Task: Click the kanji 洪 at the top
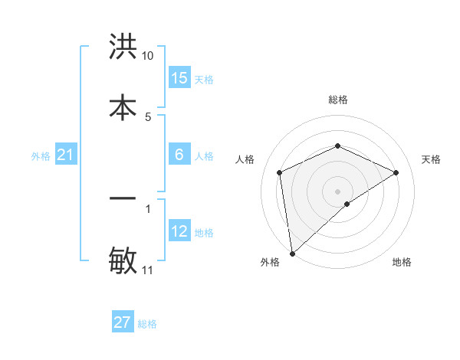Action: pos(123,47)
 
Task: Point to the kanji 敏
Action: pos(123,261)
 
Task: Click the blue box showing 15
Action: pos(179,78)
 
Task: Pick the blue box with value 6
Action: pos(179,155)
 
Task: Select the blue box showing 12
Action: pos(179,231)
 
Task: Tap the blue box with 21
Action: pos(65,155)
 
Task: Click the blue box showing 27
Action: pos(123,322)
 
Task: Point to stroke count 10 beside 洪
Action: pos(147,56)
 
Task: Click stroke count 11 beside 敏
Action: pos(147,270)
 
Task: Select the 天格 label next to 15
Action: pos(204,80)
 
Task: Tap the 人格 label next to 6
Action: pos(204,156)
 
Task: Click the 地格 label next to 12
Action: pos(204,233)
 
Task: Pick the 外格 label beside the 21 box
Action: pos(41,156)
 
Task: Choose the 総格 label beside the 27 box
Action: pos(147,324)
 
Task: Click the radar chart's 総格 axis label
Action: pos(338,100)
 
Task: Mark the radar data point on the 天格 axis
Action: pos(396,172)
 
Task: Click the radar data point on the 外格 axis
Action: pos(291,254)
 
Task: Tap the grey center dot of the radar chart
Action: pos(338,191)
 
